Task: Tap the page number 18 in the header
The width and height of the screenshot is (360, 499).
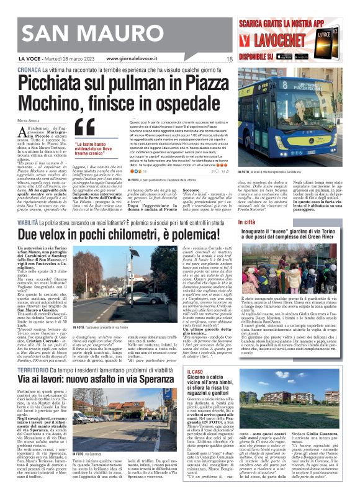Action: (x=230, y=60)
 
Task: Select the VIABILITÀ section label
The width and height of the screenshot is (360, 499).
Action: (x=32, y=221)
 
